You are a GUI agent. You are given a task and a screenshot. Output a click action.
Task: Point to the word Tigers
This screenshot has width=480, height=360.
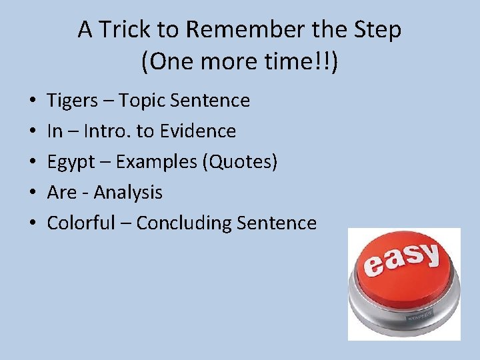tap(72, 101)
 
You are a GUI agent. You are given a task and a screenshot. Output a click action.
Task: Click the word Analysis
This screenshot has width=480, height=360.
tap(128, 193)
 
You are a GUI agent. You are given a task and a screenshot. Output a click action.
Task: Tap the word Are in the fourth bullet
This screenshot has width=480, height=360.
tap(62, 193)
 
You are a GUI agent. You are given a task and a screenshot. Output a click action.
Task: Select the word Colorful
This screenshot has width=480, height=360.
tap(81, 223)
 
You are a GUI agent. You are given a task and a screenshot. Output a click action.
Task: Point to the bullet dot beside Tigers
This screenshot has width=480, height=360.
tap(33, 101)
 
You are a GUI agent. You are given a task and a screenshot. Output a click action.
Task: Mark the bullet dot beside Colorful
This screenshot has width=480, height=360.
tap(33, 223)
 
